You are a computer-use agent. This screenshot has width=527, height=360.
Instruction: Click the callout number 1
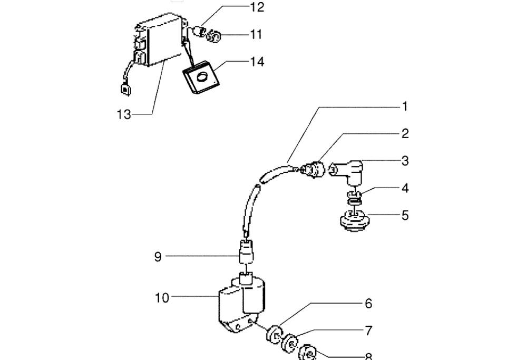[x=405, y=106]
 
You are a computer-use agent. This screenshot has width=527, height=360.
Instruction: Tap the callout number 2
[x=405, y=134]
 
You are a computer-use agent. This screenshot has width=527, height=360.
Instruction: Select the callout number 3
[x=405, y=161]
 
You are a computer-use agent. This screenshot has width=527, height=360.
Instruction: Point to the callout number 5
[x=405, y=216]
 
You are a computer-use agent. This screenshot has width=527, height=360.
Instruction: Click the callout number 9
[x=158, y=257]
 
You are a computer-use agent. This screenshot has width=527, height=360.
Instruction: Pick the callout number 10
[x=162, y=298]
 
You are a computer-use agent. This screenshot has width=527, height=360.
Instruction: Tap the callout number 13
[x=124, y=114]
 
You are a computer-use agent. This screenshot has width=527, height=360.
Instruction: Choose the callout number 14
[x=257, y=62]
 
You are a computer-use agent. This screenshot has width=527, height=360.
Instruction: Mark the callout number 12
[x=257, y=7]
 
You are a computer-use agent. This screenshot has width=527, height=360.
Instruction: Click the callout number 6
[x=368, y=304]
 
